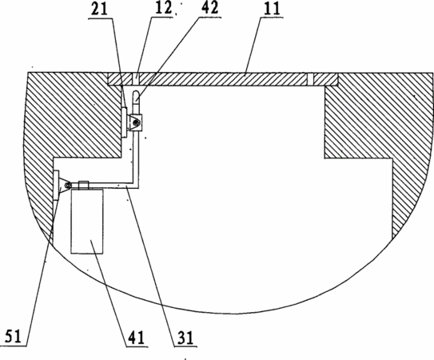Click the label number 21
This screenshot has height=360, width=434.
[99, 9]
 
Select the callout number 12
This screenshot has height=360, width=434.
[163, 8]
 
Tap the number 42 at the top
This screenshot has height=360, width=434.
[209, 8]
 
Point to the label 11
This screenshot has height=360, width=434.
[272, 9]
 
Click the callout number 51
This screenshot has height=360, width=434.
[13, 337]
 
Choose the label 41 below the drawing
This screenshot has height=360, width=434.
[136, 338]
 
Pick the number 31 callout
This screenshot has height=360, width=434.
[185, 338]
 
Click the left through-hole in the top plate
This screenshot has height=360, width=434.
[136, 79]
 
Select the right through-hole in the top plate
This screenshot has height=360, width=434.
[311, 79]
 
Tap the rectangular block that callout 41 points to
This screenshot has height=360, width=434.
[87, 221]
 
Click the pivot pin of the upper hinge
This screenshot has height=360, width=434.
[135, 122]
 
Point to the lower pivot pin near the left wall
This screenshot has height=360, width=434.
[66, 185]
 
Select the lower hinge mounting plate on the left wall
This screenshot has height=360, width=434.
[56, 185]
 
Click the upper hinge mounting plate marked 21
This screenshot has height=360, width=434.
[124, 122]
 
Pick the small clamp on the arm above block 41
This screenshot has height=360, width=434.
[84, 186]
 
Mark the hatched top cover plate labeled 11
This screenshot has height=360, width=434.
[223, 79]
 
